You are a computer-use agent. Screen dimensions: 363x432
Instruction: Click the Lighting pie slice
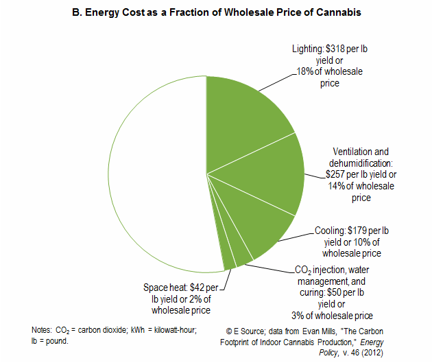243,124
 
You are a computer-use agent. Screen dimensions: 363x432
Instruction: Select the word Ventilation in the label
352,152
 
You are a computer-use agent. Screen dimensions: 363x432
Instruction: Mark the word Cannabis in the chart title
335,13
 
